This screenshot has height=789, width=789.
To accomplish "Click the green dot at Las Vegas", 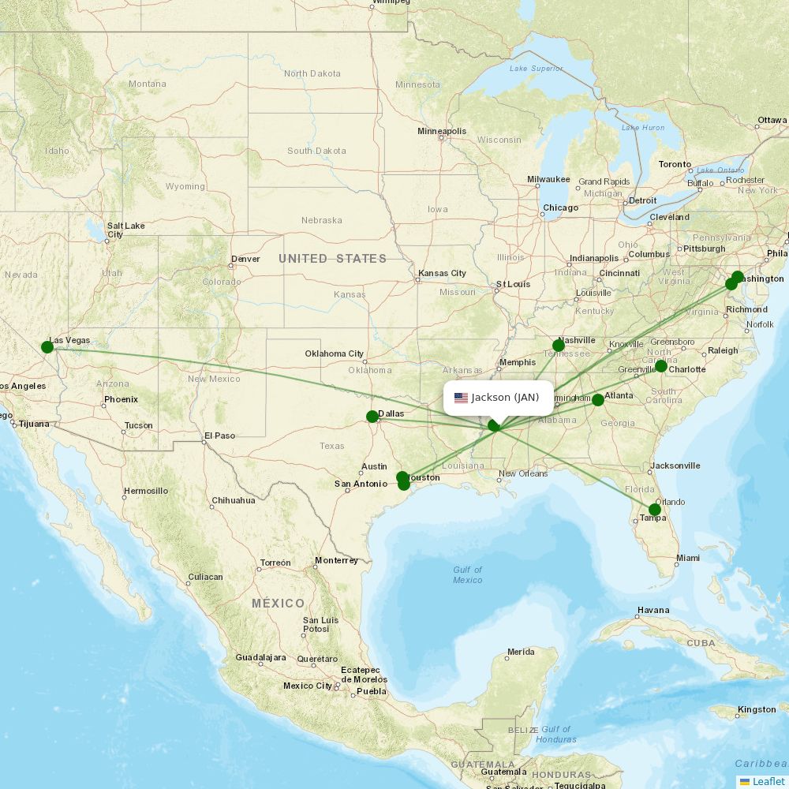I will (47, 347).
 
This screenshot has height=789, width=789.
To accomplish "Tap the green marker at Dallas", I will (372, 417).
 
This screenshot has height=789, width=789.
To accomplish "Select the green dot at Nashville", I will (559, 346).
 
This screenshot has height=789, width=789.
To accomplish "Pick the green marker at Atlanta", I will (598, 400).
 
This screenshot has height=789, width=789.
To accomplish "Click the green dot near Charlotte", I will (661, 367).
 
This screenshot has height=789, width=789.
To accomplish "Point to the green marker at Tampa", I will (655, 510).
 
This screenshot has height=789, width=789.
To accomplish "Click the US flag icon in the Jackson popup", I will (461, 398).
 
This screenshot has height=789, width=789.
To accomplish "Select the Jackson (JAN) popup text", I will (505, 398).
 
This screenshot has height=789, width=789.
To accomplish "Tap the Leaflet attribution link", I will (768, 781).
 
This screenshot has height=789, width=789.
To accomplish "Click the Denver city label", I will (245, 259).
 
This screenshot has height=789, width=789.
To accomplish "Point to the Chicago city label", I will (559, 208).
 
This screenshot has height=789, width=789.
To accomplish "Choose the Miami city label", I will (687, 558).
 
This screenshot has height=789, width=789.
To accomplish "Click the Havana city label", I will (653, 610).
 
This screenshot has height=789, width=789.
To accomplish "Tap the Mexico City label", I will (308, 686).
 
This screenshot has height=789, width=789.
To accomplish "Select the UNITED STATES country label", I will (332, 259).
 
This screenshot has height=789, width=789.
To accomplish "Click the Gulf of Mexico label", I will (467, 575).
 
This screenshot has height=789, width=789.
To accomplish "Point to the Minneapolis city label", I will (442, 131).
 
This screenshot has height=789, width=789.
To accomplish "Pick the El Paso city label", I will (219, 436).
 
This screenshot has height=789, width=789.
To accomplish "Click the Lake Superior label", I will (537, 69).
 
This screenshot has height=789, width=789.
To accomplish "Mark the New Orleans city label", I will (523, 473).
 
